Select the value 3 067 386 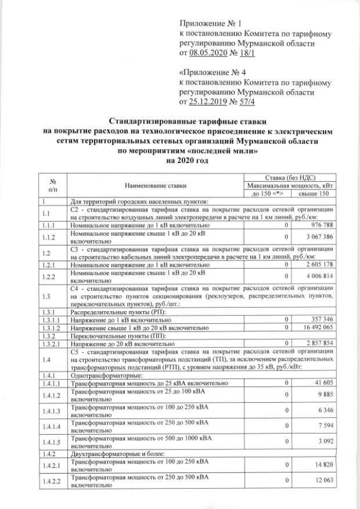319,237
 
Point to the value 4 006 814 319,276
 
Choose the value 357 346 322,319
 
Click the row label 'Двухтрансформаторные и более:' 112,453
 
